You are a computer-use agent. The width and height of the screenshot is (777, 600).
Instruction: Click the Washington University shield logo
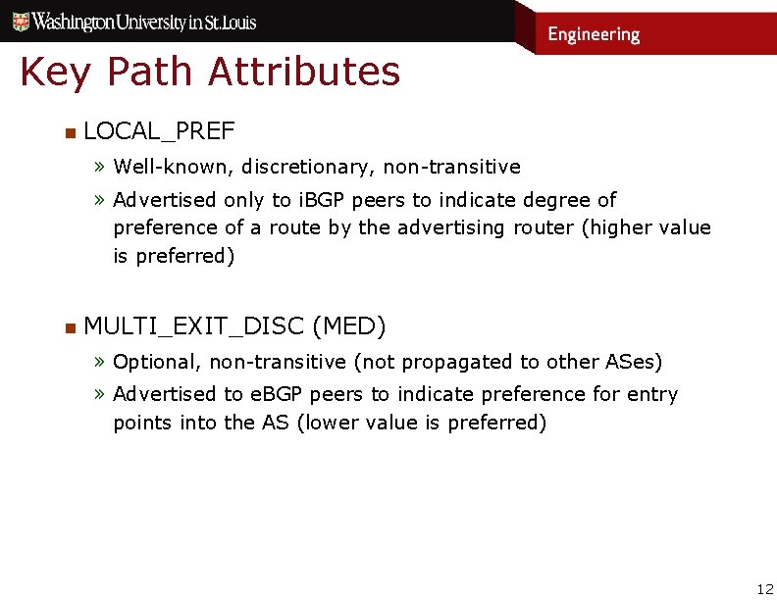[x=15, y=20]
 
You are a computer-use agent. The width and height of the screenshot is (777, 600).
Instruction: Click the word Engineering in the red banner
[x=594, y=34]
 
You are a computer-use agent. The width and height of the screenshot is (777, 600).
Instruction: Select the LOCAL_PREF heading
[x=159, y=131]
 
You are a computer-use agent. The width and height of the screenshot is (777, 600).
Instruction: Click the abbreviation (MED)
[x=349, y=325]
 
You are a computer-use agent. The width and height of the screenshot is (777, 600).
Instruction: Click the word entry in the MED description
[x=653, y=394]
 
